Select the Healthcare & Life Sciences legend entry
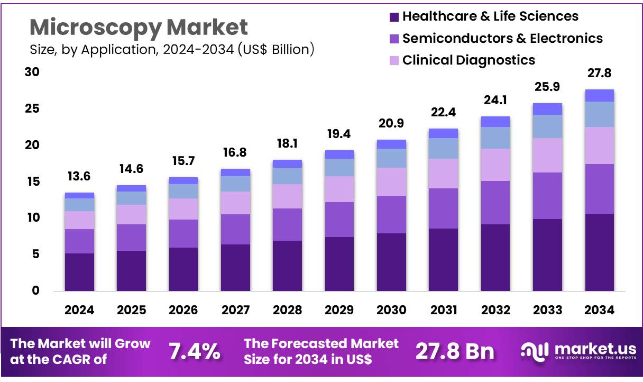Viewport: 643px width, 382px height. tap(490, 16)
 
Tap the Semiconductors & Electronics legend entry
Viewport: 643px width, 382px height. tap(502, 38)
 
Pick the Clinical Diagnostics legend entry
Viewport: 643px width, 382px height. tap(469, 60)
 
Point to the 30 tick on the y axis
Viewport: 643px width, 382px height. tap(32, 72)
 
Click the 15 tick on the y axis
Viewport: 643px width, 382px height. tap(32, 181)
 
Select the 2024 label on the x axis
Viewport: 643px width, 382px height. tap(79, 310)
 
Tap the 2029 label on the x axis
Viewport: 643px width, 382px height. tap(339, 310)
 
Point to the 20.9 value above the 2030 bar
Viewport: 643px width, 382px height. tap(391, 124)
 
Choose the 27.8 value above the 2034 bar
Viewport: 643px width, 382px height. tap(599, 74)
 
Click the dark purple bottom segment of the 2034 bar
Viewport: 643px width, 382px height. tap(599, 252)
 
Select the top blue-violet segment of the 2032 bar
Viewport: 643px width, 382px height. tap(495, 122)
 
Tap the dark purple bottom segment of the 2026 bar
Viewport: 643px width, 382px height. tap(183, 269)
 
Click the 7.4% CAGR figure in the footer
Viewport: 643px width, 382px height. tap(194, 351)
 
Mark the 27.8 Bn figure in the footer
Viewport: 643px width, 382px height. tap(455, 351)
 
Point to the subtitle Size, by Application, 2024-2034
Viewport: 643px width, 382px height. tap(172, 50)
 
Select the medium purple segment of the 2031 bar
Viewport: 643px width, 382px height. tap(444, 208)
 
